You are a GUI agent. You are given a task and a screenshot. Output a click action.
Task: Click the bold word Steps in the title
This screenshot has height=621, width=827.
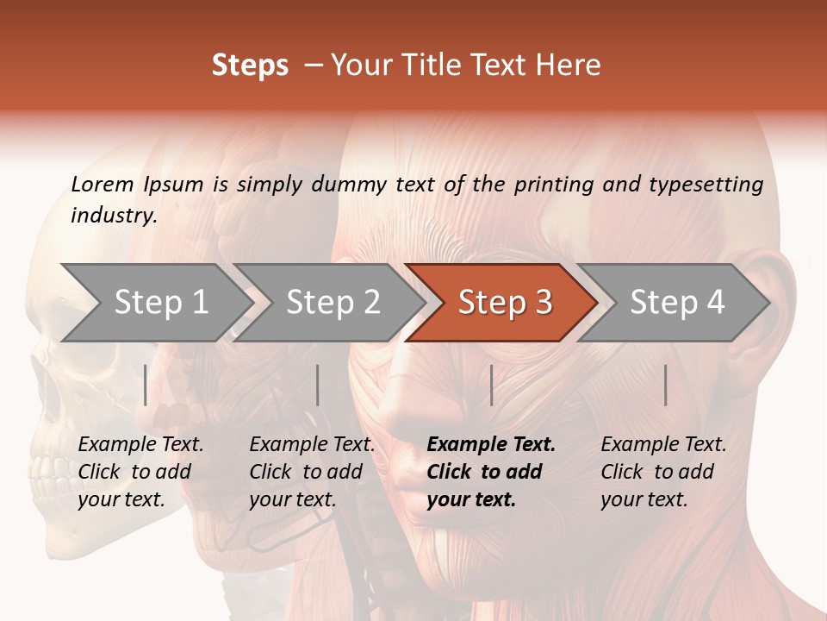pyautogui.click(x=250, y=66)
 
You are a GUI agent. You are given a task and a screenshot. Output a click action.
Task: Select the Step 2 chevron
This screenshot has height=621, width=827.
pyautogui.click(x=333, y=303)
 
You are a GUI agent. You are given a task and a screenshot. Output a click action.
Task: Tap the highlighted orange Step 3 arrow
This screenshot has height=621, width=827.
pyautogui.click(x=505, y=303)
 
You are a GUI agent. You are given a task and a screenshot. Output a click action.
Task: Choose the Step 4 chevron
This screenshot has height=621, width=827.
pyautogui.click(x=677, y=303)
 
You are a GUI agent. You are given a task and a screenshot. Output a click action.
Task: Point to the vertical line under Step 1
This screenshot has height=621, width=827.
pyautogui.click(x=146, y=386)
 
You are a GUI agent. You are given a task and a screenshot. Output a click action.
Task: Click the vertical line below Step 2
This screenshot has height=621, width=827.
pyautogui.click(x=318, y=386)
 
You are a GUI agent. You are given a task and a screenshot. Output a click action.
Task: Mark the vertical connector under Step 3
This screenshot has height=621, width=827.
pyautogui.click(x=491, y=386)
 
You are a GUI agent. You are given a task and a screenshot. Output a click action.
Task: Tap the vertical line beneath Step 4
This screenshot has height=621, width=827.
pyautogui.click(x=666, y=386)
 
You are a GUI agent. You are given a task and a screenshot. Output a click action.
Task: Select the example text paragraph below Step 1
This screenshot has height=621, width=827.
pyautogui.click(x=140, y=472)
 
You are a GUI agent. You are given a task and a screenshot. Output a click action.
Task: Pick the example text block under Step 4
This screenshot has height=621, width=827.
pyautogui.click(x=663, y=472)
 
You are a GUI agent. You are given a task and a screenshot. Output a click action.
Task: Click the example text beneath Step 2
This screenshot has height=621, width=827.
pyautogui.click(x=312, y=472)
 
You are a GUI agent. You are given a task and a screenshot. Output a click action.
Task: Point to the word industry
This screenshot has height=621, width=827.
pyautogui.click(x=114, y=216)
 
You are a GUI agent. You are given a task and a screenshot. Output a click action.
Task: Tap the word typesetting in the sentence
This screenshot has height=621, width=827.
pyautogui.click(x=706, y=184)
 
